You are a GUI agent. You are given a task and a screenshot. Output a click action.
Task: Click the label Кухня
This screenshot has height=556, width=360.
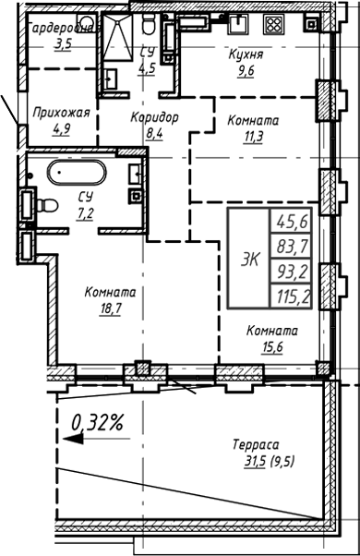[x=246, y=54]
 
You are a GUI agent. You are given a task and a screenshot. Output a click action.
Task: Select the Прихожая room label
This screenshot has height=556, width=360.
[x=60, y=113]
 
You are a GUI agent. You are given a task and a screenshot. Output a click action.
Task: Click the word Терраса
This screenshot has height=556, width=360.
[x=256, y=444]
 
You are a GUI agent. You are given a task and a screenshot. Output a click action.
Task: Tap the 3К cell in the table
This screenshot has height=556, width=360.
[x=249, y=260]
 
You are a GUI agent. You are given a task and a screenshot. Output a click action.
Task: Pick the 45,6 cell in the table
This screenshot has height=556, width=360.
[x=292, y=222]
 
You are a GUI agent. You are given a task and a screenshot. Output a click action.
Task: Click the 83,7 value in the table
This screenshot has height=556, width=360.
[x=292, y=247]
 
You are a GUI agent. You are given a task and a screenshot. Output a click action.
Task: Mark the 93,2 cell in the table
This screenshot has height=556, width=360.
[x=292, y=272]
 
